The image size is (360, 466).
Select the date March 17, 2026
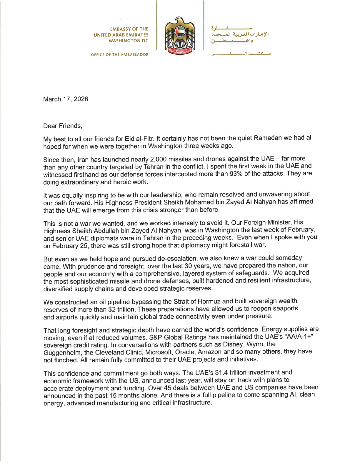pos(66,99)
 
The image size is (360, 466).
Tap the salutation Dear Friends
pos(62,126)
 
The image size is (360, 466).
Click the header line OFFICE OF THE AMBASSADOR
pos(120,55)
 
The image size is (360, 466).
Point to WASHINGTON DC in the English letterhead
pos(129,41)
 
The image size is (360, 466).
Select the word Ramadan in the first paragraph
pos(268,138)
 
